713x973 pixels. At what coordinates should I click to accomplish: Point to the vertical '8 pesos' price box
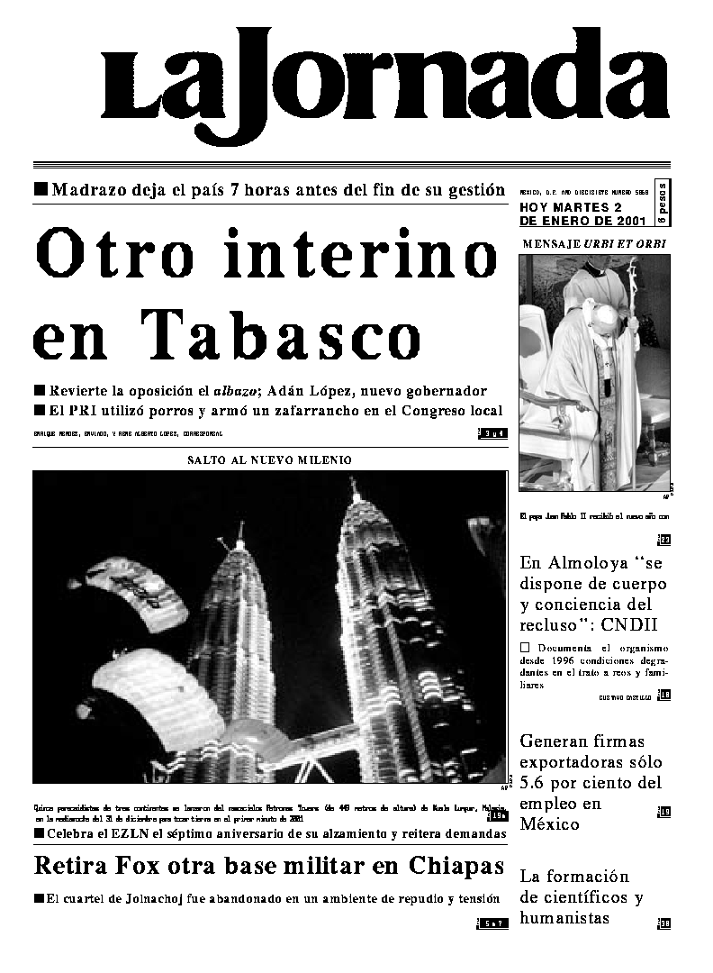coord(663,203)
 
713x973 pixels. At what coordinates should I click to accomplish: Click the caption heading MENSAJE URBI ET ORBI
coord(594,244)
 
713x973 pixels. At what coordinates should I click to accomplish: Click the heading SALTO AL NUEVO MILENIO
coord(269,459)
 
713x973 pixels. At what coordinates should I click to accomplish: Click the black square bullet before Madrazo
coord(40,190)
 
